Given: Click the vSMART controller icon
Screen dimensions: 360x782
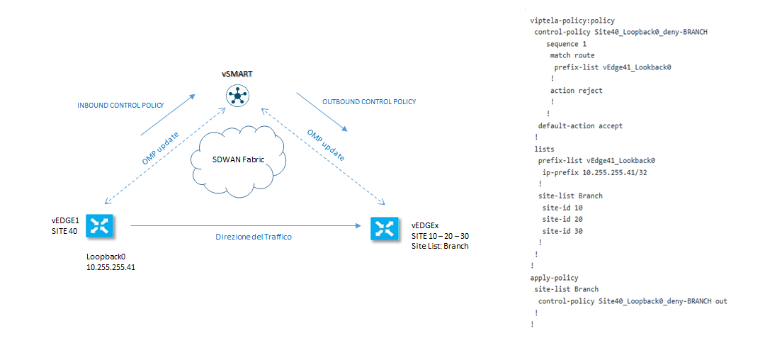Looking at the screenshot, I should [x=234, y=95].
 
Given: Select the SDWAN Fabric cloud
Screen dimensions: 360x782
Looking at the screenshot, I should [x=238, y=160].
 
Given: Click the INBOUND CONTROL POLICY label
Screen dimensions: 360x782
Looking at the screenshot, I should [x=120, y=106].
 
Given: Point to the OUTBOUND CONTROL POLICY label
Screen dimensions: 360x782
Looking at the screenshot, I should [x=369, y=102].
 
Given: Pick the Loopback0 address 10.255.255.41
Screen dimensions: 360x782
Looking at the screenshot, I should [x=110, y=267].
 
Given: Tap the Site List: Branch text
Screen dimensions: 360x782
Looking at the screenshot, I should [x=440, y=246].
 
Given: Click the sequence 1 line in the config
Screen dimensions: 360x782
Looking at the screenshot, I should [x=566, y=44].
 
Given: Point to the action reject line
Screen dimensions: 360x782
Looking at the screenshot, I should [x=576, y=91].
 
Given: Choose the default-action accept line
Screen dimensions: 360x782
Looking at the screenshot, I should [x=580, y=125].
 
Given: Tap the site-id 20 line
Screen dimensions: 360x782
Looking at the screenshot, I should [x=562, y=219].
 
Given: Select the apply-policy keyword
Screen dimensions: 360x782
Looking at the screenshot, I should [x=554, y=278].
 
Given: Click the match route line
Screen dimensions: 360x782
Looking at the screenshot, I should [x=572, y=55].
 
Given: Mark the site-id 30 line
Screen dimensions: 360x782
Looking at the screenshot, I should [x=562, y=231].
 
